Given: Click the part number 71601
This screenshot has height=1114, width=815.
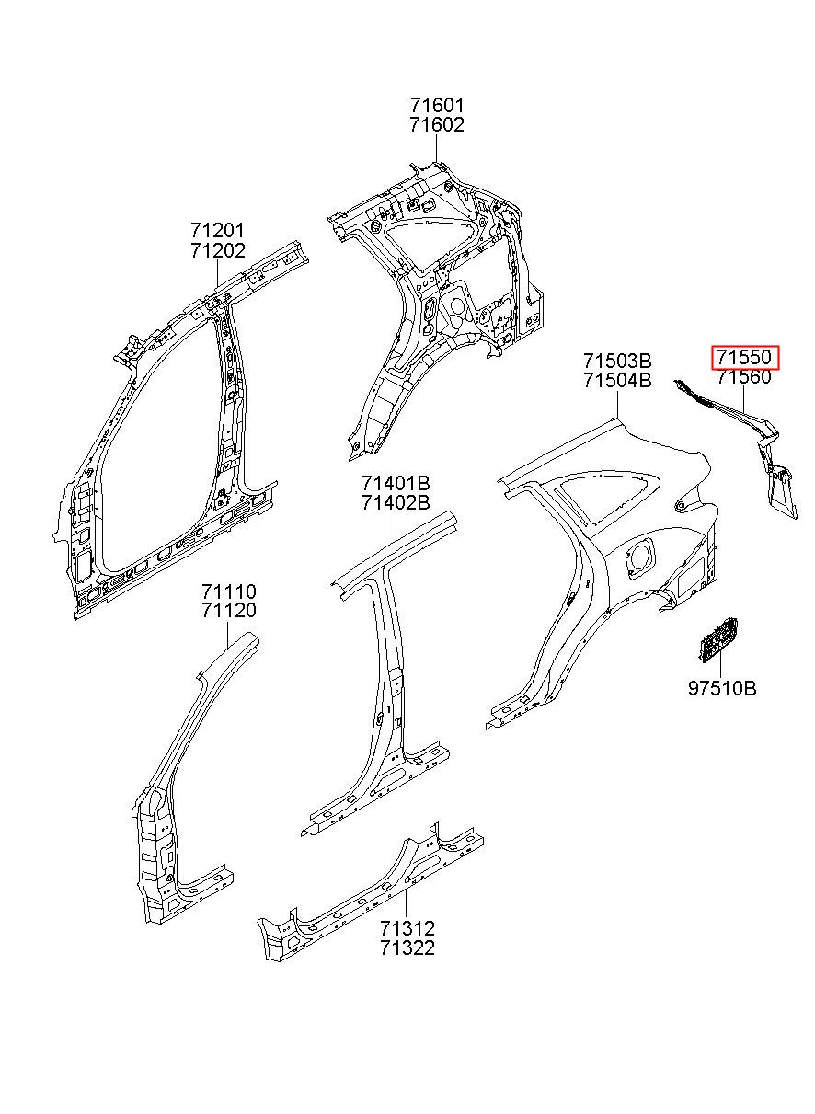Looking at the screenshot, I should coord(437,107).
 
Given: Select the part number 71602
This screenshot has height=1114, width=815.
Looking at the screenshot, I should coord(437,126).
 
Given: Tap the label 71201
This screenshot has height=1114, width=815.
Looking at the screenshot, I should coord(218,230).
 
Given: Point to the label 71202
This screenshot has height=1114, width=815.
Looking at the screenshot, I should coord(218,250).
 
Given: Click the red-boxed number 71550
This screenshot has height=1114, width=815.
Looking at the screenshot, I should coord(744,357).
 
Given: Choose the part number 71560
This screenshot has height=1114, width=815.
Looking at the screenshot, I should coord(744,377).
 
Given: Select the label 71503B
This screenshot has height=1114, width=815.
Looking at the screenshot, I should coord(617,360).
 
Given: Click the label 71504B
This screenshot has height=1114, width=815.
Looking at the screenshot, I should coord(617,380).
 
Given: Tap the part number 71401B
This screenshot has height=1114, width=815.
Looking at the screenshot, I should coord(396,483).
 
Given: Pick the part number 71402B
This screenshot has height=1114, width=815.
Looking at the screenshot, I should coord(396,503).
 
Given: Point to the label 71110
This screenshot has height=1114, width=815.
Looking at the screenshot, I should coord(229,591).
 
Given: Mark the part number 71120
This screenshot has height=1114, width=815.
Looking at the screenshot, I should coord(229,611).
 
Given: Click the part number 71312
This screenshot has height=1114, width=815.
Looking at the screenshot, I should coord(407,928).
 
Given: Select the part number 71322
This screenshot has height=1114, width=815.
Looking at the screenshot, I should coord(407,948).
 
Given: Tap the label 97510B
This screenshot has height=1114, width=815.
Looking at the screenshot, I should coord(722,688).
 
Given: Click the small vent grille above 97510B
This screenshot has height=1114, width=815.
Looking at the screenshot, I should coord(717,638).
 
